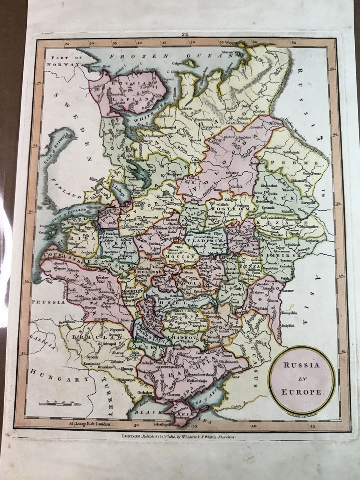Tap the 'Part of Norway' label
click(x=63, y=61)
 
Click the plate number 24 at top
click(x=185, y=34)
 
